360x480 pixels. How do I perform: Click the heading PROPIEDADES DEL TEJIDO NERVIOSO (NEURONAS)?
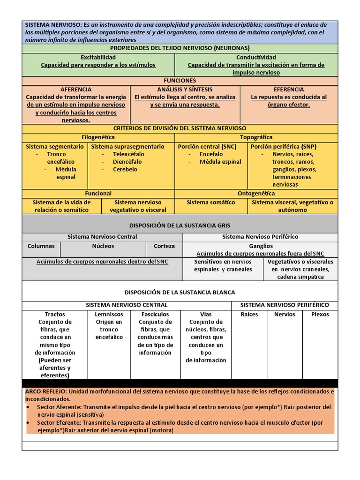click(180, 48)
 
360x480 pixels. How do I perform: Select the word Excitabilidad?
click(98, 57)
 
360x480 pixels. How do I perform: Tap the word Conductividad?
click(256, 57)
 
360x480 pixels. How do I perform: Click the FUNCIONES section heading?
click(180, 81)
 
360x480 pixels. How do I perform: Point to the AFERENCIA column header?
click(76, 89)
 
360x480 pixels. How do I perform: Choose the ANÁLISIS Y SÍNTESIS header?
click(185, 89)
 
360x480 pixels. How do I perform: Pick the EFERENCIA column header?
click(289, 89)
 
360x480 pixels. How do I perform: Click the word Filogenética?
click(98, 137)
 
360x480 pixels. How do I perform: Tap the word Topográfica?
click(256, 137)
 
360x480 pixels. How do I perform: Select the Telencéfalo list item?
click(128, 154)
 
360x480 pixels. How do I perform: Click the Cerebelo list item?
click(125, 169)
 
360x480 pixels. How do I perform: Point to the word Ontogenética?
click(256, 193)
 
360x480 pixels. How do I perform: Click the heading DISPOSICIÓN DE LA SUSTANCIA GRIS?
click(180, 225)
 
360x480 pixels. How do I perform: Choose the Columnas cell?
click(41, 246)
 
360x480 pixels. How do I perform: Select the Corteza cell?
click(164, 246)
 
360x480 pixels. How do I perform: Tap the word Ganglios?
click(261, 246)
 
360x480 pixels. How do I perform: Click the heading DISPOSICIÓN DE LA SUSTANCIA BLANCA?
click(180, 292)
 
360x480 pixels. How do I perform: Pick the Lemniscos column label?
click(109, 315)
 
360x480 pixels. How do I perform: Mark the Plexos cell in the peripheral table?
click(320, 315)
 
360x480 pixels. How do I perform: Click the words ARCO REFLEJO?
click(45, 391)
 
